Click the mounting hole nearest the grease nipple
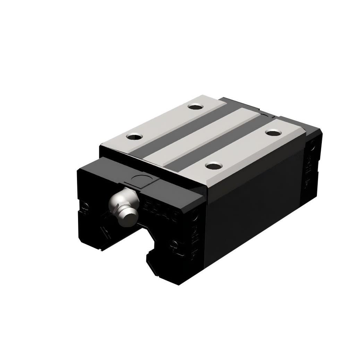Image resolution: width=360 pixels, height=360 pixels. (x=134, y=137)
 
